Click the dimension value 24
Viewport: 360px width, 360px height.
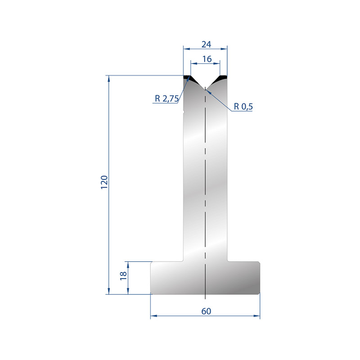pyautogui.click(x=206, y=44)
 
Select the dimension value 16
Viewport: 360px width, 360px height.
pyautogui.click(x=207, y=59)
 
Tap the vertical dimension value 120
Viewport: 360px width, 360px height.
pyautogui.click(x=104, y=182)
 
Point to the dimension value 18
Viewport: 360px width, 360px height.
pyautogui.click(x=123, y=275)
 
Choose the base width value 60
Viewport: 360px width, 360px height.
pyautogui.click(x=206, y=311)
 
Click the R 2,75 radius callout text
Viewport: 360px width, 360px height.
pyautogui.click(x=166, y=99)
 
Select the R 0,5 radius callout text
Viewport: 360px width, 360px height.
pyautogui.click(x=243, y=107)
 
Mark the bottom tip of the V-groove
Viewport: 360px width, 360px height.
pyautogui.click(x=205, y=89)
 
